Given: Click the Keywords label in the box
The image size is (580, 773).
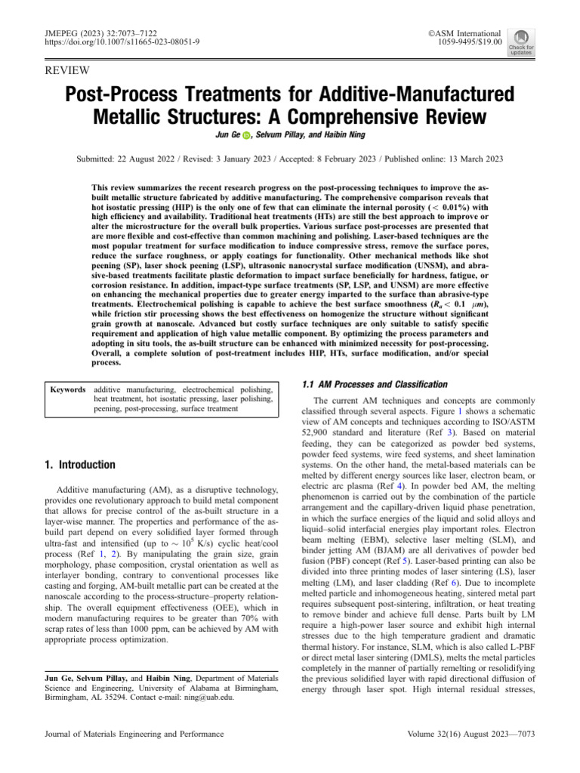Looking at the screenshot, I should pyautogui.click(x=67, y=390).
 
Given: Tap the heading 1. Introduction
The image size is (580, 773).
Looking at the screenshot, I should pyautogui.click(x=79, y=464).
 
